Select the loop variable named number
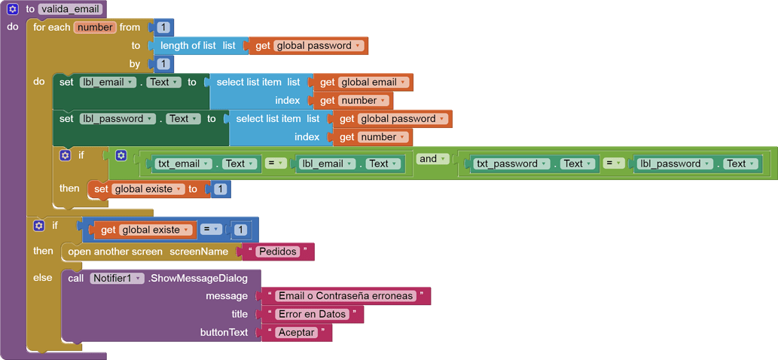coord(94,27)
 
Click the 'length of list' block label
coord(188,45)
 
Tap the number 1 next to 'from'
coord(163,27)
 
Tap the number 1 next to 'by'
coord(163,64)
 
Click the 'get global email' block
coord(363,82)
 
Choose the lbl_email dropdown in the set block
coord(107,82)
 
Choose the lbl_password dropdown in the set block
coord(117,119)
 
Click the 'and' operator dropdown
coord(432,159)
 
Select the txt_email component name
coord(182,163)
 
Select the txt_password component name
coord(509,163)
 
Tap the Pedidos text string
coord(277,252)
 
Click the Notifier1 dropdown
coord(117,278)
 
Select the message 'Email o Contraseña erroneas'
coord(346,296)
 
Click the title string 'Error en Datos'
coord(311,314)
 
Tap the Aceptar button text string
coord(295,332)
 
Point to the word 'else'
coord(43,278)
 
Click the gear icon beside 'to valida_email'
coord(13,9)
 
